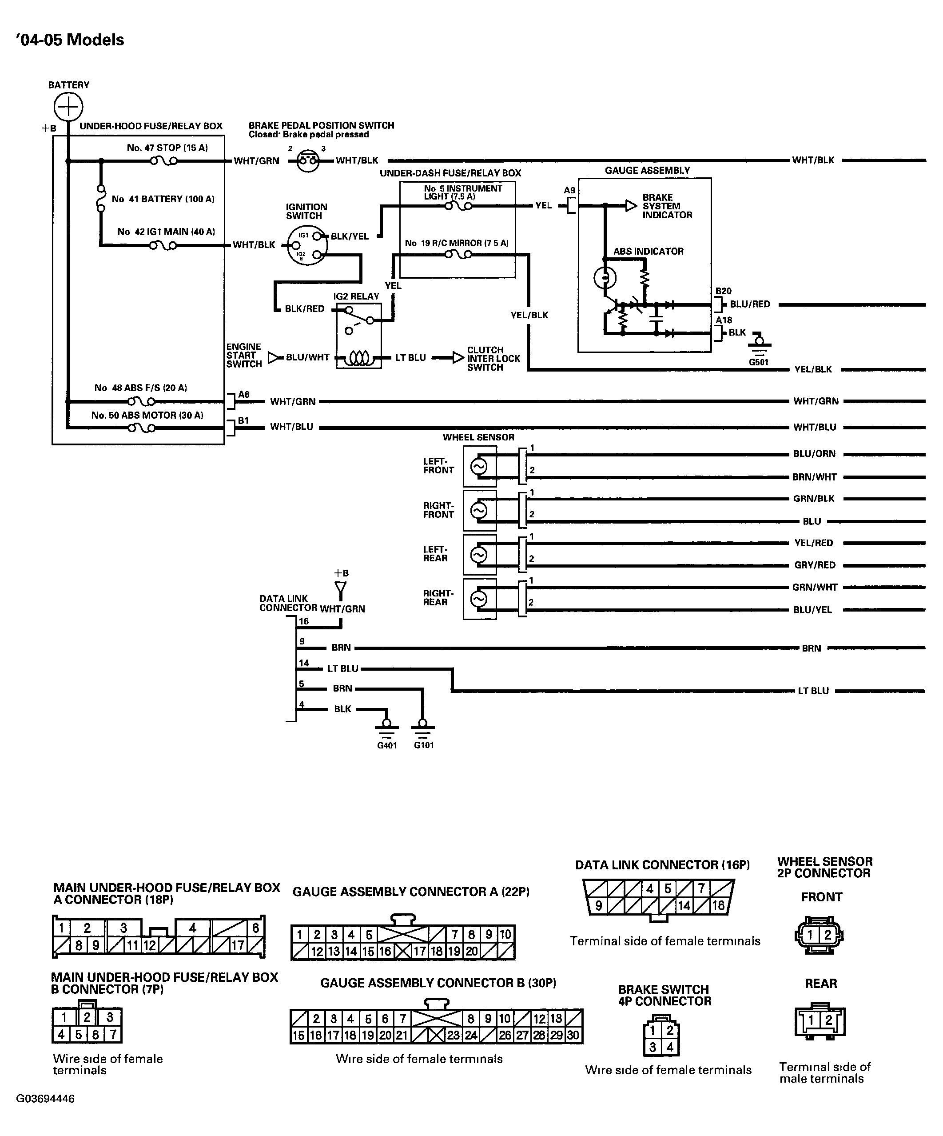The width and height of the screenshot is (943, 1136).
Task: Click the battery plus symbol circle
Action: (x=68, y=106)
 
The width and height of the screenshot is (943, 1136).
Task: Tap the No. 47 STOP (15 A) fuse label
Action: (x=167, y=148)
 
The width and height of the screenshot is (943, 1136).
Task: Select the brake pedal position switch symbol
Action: (x=308, y=160)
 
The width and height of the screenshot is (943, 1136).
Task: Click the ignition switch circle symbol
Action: (x=307, y=245)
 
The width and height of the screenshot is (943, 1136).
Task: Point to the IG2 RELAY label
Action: (x=356, y=296)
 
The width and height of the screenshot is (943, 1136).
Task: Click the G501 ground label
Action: (x=759, y=362)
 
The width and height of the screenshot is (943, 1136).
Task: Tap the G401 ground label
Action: (x=387, y=745)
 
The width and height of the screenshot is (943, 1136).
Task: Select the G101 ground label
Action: (x=424, y=745)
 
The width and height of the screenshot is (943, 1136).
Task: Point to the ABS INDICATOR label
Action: (x=649, y=252)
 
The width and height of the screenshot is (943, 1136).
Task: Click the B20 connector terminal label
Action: (x=724, y=291)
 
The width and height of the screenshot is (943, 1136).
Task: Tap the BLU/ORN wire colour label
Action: (x=814, y=454)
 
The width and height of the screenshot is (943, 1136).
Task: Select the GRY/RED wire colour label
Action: (x=815, y=565)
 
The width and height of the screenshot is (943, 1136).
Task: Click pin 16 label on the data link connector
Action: (x=304, y=621)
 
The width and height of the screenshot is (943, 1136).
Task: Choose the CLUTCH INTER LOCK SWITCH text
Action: (x=493, y=359)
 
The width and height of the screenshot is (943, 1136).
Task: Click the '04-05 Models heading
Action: (x=70, y=40)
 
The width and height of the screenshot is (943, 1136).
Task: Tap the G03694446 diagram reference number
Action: (x=45, y=1099)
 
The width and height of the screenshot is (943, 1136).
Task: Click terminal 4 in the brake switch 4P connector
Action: (x=670, y=1047)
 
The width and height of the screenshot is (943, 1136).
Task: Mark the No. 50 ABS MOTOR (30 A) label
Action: (x=147, y=416)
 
